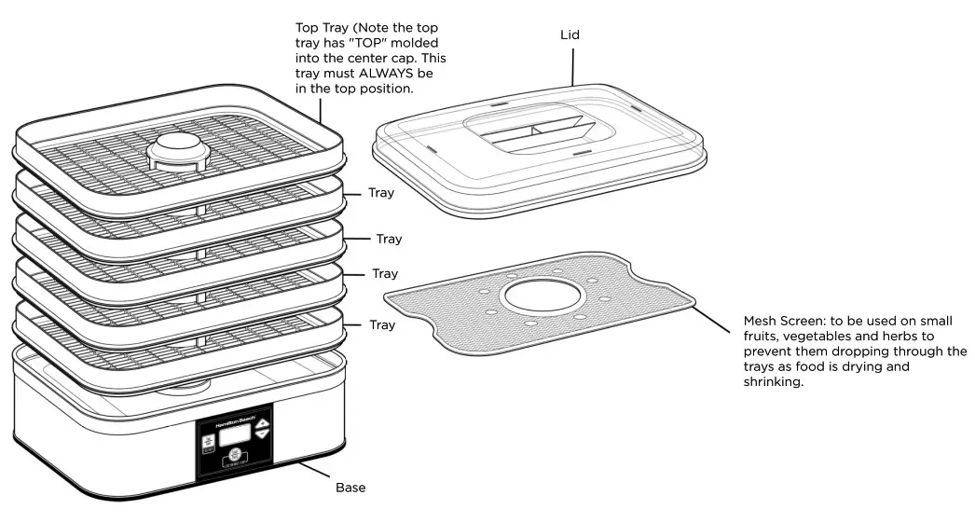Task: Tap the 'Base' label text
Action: click(350, 488)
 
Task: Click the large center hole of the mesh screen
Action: click(542, 300)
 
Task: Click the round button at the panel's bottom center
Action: click(231, 457)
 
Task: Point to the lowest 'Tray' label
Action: click(381, 325)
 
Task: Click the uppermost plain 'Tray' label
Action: click(380, 194)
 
